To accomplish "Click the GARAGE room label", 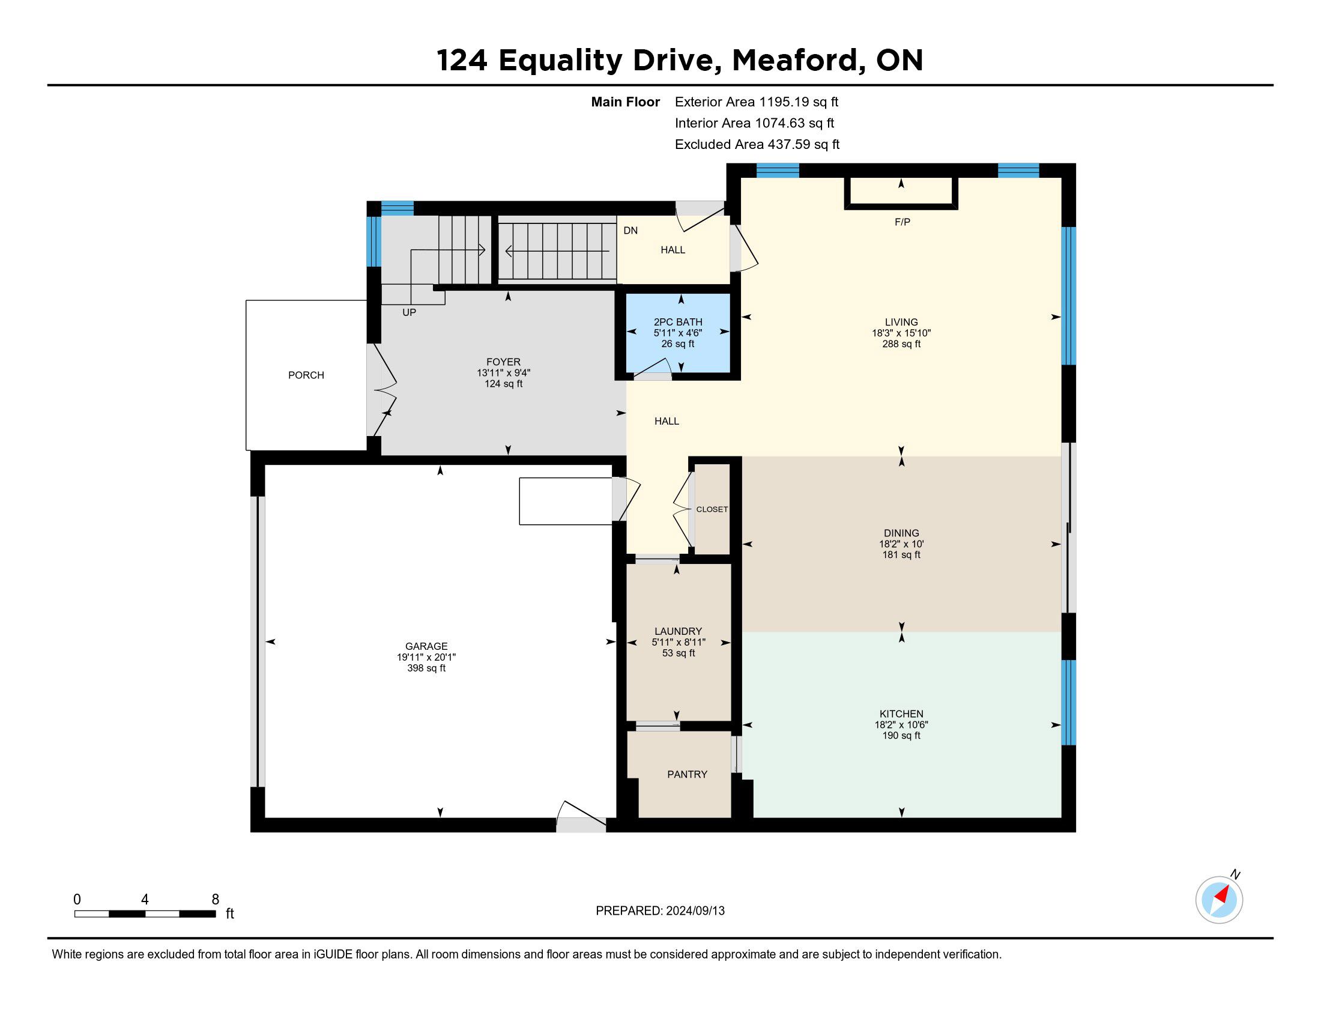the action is coord(426,646).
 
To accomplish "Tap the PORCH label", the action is coord(306,375).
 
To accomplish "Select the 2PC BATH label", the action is coord(678,322).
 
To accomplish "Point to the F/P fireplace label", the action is coord(902,222).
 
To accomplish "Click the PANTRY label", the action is coord(687,774).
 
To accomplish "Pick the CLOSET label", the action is coord(712,509).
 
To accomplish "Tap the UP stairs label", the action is coord(410,313).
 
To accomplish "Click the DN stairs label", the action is coord(631,231).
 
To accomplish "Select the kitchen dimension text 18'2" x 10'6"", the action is coord(901,725).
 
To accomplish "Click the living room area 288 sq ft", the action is coord(901,344).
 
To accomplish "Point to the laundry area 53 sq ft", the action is coord(679,653).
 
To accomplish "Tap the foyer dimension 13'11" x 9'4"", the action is coord(503,373).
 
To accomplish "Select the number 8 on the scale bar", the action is coord(216,900).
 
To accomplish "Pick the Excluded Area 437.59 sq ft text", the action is coord(757,145).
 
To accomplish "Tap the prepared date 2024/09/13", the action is coord(694,911).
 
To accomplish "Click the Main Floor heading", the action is coord(626,102).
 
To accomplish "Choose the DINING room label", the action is coord(901,533).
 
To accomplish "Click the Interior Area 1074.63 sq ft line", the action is coord(754,123).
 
